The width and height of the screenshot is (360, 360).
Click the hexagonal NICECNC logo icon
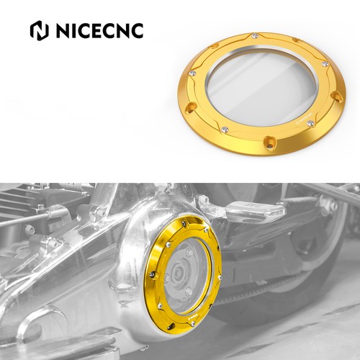tap(39, 31)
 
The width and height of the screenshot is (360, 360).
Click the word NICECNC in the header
tap(100, 31)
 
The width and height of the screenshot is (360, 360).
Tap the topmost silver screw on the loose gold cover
tap(254, 36)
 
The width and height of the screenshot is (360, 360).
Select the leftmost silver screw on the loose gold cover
tap(192, 73)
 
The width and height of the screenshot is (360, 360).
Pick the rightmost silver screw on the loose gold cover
tap(325, 64)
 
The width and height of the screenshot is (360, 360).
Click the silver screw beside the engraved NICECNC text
tap(310, 123)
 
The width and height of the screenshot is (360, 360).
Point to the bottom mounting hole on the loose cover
tap(269, 143)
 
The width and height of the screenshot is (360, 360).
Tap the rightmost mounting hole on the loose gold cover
tap(337, 96)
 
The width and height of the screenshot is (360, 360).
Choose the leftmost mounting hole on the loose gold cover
tap(191, 107)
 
